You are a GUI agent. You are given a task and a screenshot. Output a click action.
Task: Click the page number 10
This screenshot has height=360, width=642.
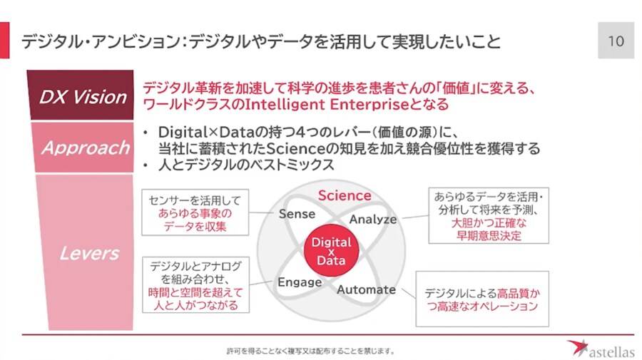[616, 41]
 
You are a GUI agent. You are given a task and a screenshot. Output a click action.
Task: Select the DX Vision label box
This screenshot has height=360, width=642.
[81, 95]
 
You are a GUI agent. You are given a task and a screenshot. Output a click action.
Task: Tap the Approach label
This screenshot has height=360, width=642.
[85, 148]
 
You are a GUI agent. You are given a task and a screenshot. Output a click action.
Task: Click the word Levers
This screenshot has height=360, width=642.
[90, 253]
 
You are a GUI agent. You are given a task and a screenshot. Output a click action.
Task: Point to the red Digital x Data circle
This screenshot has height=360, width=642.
[331, 250]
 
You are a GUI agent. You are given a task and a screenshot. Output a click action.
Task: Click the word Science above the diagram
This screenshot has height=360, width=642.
[345, 195]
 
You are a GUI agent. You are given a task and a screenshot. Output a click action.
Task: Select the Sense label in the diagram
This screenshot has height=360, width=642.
[297, 214]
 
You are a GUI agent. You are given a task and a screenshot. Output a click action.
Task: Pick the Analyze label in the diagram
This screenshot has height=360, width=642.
[373, 220]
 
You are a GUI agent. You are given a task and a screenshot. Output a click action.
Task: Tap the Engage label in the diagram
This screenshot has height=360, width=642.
[300, 282]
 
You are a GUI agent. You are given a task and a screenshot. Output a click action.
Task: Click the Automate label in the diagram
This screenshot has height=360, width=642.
[367, 289]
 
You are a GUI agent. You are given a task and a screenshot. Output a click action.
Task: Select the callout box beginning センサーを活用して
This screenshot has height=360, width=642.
[195, 212]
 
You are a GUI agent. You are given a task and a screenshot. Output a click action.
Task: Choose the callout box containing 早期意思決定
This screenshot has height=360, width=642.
[489, 215]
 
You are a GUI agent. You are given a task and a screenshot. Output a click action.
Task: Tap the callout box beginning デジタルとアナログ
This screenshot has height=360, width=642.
[195, 285]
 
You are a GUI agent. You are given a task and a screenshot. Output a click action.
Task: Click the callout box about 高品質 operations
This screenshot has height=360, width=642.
[482, 299]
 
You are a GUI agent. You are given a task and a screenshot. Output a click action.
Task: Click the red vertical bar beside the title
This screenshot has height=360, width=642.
[4, 40]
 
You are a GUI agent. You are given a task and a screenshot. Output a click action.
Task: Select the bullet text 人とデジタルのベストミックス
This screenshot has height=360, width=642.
[246, 165]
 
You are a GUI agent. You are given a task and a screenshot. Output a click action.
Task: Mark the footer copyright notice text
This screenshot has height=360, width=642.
[311, 351]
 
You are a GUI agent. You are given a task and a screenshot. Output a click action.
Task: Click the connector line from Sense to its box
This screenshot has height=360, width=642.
[261, 212]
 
